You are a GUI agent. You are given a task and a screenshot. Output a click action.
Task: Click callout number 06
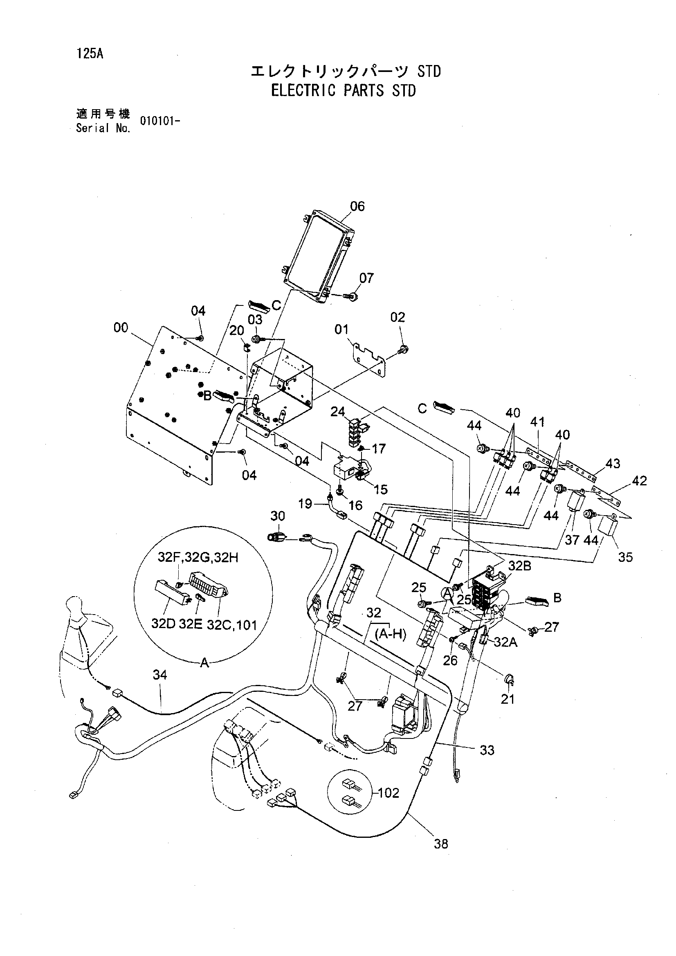point(357,206)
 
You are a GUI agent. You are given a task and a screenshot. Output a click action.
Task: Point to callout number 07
point(366,278)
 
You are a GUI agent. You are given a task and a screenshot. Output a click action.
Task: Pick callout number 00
point(121,328)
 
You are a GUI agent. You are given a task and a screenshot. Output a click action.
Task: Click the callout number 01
point(341,329)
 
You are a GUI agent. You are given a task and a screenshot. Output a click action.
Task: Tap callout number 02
point(398,317)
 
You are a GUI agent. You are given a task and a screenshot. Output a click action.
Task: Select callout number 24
point(337,412)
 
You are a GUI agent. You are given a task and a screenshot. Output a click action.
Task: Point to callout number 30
point(278,516)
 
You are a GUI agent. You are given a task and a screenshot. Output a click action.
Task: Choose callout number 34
point(159,675)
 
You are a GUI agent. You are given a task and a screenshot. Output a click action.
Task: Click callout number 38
point(441,844)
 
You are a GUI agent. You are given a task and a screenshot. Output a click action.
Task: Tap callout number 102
point(389,793)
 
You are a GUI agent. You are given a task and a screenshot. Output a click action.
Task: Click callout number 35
point(625,557)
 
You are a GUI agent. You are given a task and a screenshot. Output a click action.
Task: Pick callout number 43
point(613,463)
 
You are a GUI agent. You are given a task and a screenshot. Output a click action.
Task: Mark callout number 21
point(508,699)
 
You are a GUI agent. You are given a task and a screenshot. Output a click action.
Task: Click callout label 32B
point(520,566)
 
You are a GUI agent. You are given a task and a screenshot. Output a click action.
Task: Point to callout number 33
point(487,750)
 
